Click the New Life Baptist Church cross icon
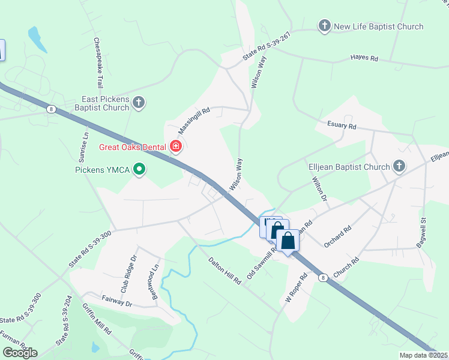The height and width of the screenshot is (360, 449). pyautogui.click(x=324, y=26)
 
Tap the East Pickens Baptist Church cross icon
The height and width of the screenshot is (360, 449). pyautogui.click(x=139, y=103)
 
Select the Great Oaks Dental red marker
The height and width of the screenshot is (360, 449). pyautogui.click(x=176, y=146)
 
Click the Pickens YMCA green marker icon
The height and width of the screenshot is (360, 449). pyautogui.click(x=139, y=170)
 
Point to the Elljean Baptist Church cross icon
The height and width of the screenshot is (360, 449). pyautogui.click(x=399, y=166)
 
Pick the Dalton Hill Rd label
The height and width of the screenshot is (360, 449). pyautogui.click(x=224, y=271)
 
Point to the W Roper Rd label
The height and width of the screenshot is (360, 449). pyautogui.click(x=296, y=288)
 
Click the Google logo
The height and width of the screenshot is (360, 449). pyautogui.click(x=19, y=353)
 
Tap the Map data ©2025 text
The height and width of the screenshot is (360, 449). pyautogui.click(x=423, y=355)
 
